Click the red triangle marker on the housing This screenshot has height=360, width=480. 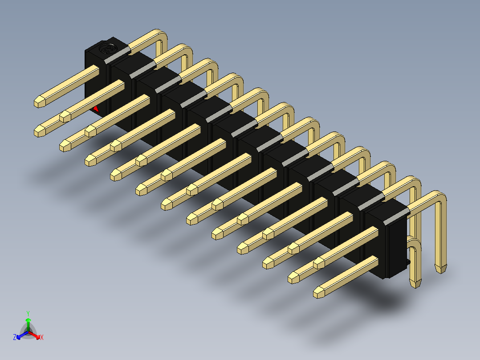coord(96,109)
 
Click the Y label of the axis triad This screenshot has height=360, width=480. coord(28,313)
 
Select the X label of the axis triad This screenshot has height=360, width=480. coord(42,337)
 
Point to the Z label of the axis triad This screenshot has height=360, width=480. coord(15,337)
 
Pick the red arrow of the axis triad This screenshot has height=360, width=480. coord(35,335)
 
